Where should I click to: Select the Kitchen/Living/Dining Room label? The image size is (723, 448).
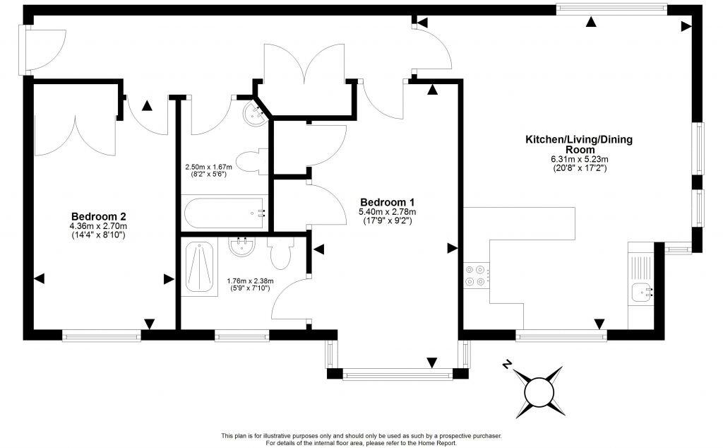coord(578,144)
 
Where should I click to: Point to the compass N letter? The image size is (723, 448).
coord(506,365)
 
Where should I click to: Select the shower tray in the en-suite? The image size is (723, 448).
coord(202,266)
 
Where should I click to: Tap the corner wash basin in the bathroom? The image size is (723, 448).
coord(253,112)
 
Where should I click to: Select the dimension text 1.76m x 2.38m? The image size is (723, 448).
coord(250,281)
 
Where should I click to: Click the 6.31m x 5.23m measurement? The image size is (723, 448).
coord(578,159)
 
